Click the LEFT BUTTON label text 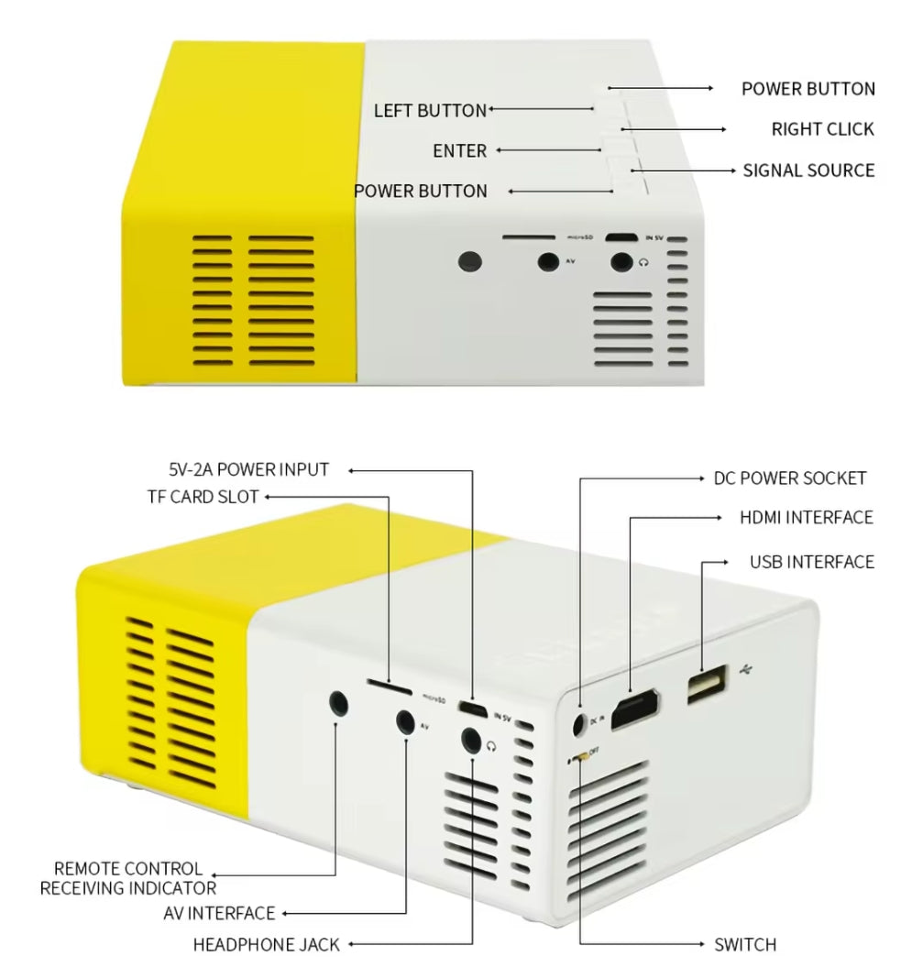(x=430, y=111)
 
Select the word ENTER (x=459, y=150)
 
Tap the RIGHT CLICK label (x=822, y=129)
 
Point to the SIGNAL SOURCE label (x=808, y=170)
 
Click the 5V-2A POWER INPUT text (x=248, y=470)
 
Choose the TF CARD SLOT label (x=203, y=497)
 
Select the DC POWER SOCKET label (x=789, y=478)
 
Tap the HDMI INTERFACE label (x=806, y=518)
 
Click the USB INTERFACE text (x=811, y=562)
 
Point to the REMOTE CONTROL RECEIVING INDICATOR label (x=128, y=878)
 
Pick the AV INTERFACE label (x=219, y=913)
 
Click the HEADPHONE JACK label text (x=266, y=944)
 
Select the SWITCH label (x=744, y=944)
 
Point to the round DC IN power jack (x=577, y=723)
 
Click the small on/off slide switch (x=576, y=758)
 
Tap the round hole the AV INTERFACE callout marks (x=405, y=721)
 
